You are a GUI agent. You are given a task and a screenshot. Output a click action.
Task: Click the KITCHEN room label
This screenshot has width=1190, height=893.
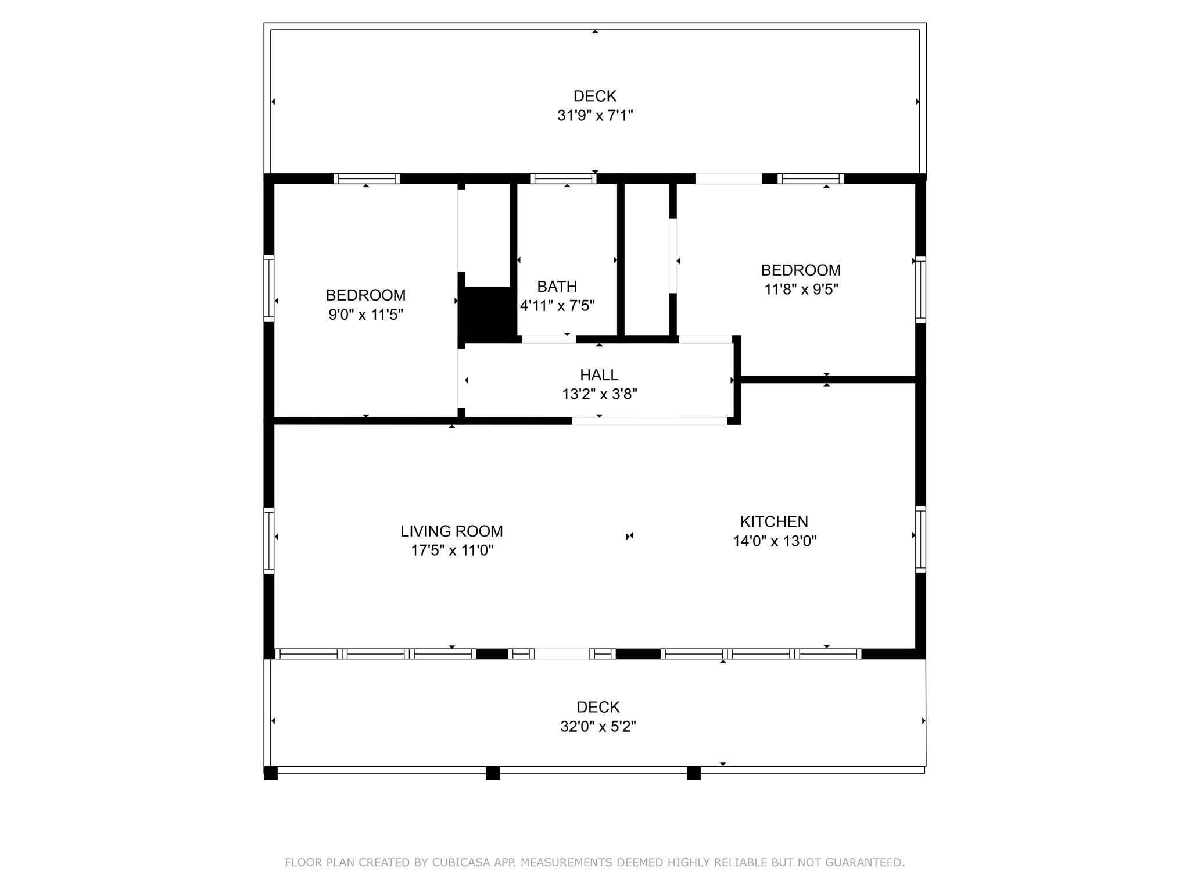774,521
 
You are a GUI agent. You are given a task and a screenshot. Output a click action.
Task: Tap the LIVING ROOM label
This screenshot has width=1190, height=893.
451,531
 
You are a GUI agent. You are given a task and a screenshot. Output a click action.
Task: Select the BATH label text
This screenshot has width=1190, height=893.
557,286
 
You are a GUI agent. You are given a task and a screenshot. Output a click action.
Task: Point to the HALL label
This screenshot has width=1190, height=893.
598,374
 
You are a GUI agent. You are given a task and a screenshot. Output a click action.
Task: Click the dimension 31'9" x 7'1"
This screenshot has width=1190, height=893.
595,115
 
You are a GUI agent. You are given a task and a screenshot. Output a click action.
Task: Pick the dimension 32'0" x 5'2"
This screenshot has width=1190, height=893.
598,726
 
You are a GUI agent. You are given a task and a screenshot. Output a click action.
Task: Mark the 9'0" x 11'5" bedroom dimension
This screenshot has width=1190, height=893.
365,315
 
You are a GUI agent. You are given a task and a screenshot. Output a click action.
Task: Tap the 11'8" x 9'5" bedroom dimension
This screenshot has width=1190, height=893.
801,289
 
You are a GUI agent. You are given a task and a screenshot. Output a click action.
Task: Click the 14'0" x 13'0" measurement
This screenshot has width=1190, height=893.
774,541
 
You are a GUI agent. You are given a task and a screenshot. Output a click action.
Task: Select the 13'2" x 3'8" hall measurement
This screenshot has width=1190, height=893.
599,394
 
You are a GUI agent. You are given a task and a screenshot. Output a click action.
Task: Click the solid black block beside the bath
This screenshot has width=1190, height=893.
488,314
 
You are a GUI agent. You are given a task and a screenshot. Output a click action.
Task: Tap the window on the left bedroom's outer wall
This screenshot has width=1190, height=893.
269,288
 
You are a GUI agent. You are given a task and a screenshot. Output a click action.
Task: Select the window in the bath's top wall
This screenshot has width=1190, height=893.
563,178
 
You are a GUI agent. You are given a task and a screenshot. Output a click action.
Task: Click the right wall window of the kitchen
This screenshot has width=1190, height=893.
920,540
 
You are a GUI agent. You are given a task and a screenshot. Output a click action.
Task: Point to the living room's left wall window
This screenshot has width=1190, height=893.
269,540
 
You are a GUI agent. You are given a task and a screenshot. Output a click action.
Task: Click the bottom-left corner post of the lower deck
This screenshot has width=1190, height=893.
271,773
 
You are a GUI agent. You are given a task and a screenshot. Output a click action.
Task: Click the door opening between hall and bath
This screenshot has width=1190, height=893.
549,339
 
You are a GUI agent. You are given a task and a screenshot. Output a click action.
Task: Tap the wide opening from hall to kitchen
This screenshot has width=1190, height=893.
649,421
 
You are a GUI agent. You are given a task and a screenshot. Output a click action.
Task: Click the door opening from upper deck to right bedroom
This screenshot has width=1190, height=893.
729,178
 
